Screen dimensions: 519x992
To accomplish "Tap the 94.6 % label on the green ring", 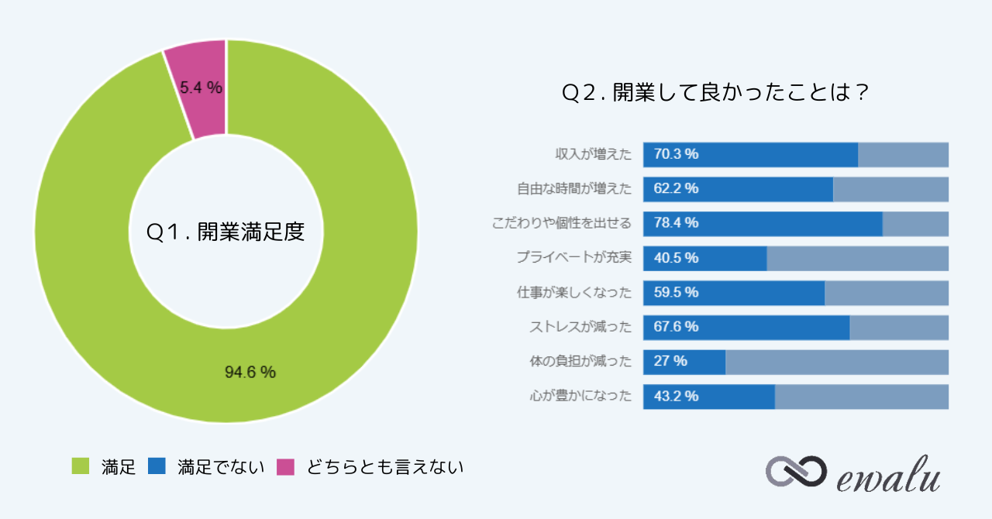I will (250, 373).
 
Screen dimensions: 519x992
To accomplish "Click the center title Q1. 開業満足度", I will (226, 232).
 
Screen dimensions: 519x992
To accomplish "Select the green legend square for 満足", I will (80, 466).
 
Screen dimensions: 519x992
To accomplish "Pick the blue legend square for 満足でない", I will (157, 466).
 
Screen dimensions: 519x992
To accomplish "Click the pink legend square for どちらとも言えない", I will (286, 466).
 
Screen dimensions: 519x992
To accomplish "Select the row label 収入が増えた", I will (593, 154).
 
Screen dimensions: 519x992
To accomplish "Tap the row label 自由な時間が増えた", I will (574, 189).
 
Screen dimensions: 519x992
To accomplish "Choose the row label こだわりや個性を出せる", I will (562, 223).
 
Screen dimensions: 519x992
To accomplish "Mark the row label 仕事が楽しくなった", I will (574, 293).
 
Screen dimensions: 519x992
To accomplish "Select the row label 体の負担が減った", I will (580, 362).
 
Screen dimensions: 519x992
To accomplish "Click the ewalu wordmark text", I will (889, 475).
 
